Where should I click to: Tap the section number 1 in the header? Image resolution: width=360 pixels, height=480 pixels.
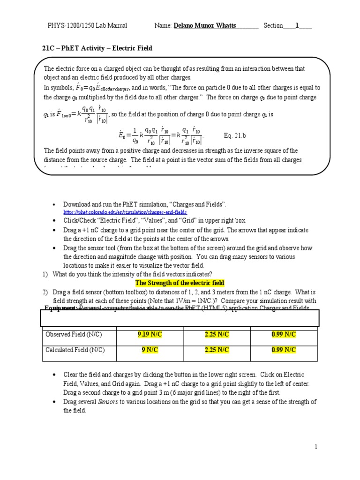pyautogui.click(x=297, y=26)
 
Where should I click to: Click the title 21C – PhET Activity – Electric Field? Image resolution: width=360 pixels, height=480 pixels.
pyautogui.click(x=97, y=48)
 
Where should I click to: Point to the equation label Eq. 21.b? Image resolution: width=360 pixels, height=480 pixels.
pyautogui.click(x=235, y=136)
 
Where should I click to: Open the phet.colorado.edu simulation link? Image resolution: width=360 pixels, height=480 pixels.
pyautogui.click(x=121, y=212)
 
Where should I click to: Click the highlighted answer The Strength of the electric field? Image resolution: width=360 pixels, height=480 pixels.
pyautogui.click(x=180, y=283)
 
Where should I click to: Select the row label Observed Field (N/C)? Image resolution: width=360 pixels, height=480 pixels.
pyautogui.click(x=74, y=334)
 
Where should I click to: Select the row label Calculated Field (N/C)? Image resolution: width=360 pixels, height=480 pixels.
pyautogui.click(x=75, y=350)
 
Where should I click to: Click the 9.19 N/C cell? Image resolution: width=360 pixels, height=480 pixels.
pyautogui.click(x=149, y=334)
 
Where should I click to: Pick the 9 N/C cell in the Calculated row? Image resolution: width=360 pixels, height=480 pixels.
pyautogui.click(x=149, y=350)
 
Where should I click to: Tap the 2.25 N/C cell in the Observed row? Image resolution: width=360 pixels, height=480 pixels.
pyautogui.click(x=217, y=334)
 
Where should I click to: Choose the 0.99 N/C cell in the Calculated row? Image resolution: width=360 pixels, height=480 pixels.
pyautogui.click(x=284, y=350)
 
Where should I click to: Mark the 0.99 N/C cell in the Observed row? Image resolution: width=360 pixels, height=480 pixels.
pyautogui.click(x=284, y=334)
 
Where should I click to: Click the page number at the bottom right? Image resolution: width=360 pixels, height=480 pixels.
pyautogui.click(x=316, y=447)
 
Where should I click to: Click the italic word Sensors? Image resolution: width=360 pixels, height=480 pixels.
pyautogui.click(x=107, y=402)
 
